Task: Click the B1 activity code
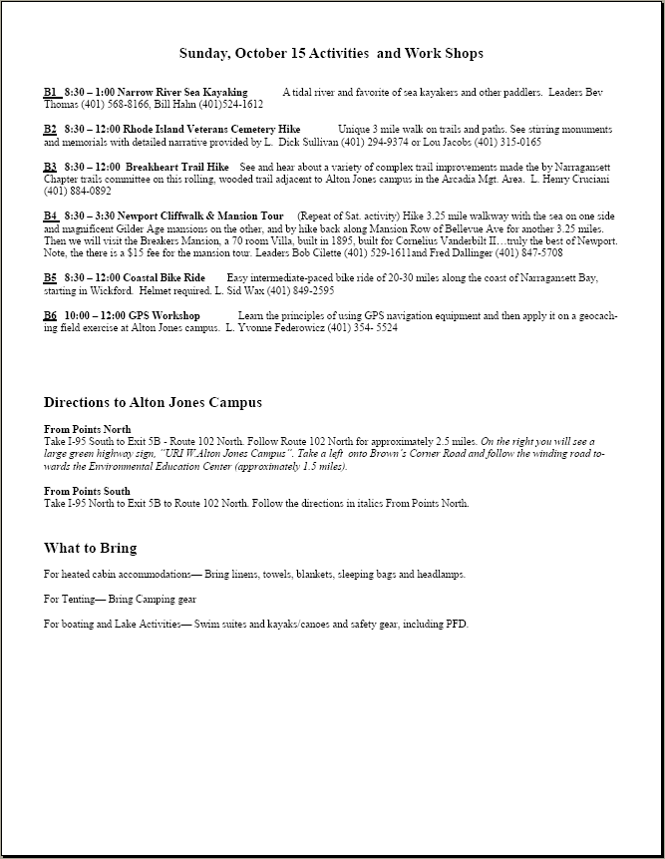[50, 92]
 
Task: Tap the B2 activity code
[50, 130]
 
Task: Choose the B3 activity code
[50, 167]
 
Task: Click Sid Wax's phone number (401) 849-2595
[298, 289]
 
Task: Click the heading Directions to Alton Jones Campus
[153, 402]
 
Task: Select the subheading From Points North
[88, 429]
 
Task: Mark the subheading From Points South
[87, 491]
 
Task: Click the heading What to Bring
[90, 548]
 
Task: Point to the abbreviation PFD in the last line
[456, 625]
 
